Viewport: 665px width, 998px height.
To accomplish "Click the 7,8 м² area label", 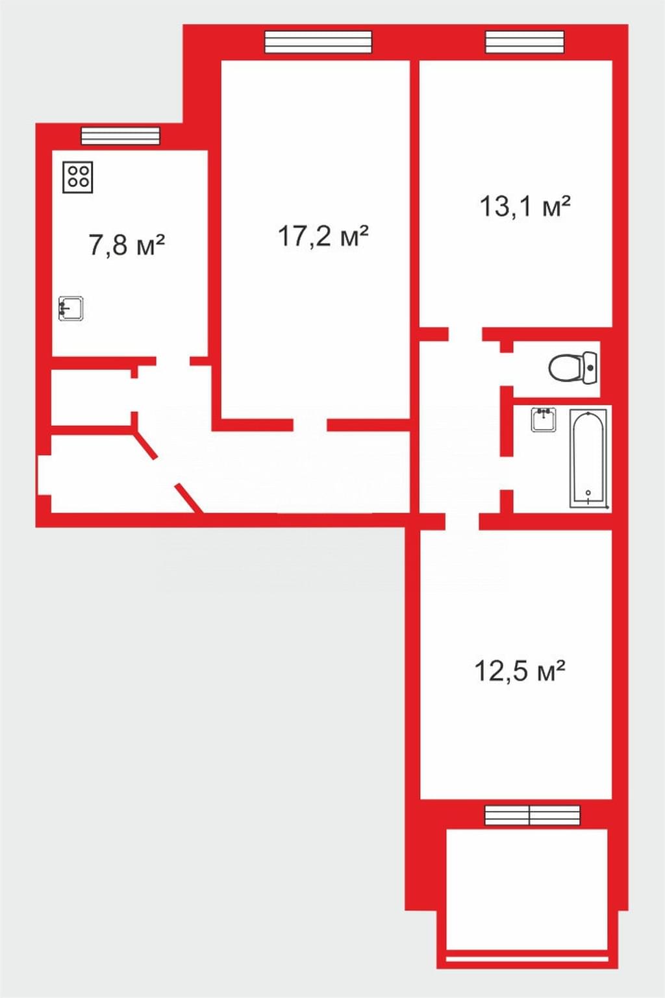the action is (127, 245).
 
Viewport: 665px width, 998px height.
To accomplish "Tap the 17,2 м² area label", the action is (323, 236).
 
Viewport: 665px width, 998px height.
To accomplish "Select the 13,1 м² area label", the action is (525, 206).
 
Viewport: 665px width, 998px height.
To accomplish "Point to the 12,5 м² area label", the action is (520, 671).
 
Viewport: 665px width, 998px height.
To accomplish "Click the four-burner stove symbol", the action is (78, 177).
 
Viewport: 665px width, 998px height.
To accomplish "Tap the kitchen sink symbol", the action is (71, 309).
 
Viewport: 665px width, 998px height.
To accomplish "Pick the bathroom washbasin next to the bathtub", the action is (544, 420).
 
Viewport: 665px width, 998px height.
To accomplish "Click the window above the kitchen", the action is (120, 136).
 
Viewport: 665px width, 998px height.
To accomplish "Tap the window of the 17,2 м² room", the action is (318, 42).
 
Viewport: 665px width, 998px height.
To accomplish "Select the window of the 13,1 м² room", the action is (525, 42).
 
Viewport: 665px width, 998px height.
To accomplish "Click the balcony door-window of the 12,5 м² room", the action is (533, 815).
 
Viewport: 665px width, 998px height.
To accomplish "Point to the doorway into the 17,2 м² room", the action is (310, 425).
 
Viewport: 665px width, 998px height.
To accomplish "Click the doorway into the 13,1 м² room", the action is (465, 334).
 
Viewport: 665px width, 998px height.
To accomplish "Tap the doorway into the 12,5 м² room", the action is (462, 522).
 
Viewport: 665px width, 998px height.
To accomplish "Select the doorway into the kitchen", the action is (173, 361).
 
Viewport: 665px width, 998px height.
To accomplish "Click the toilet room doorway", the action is (506, 369).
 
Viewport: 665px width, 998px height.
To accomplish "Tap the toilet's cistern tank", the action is (590, 368).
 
